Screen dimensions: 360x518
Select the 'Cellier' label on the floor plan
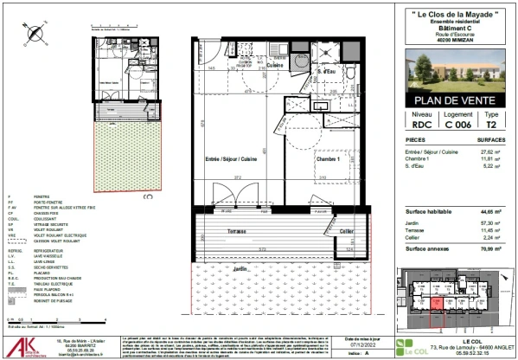click(x=346, y=231)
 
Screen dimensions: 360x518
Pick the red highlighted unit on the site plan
click(x=438, y=300)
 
